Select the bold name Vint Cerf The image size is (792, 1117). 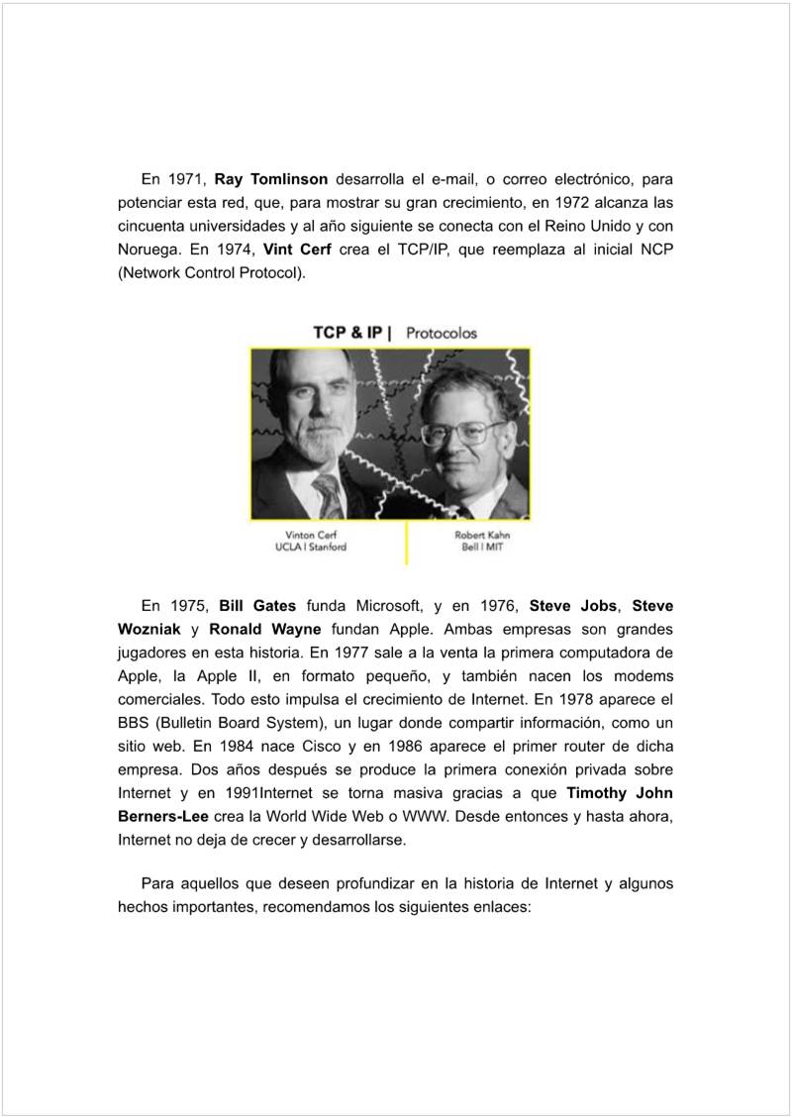point(297,249)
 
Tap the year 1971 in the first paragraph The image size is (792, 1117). point(185,180)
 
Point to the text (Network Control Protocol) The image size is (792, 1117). point(211,271)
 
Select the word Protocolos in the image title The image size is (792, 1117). point(442,333)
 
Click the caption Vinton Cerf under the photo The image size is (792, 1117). point(311,536)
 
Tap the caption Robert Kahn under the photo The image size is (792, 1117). point(482,536)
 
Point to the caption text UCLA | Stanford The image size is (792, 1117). point(311,548)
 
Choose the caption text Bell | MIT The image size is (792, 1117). point(482,548)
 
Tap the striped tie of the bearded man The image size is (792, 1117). point(328,495)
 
